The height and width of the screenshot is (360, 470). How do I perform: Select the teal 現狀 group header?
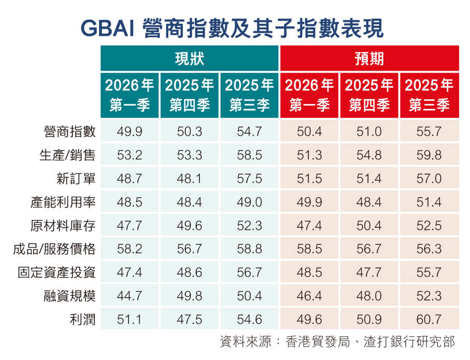click(190, 58)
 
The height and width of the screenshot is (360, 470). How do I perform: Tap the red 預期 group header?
click(369, 58)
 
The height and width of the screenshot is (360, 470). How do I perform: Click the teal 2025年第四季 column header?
click(190, 94)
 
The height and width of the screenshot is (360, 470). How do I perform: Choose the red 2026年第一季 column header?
click(309, 94)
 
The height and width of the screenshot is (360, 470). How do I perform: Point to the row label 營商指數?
click(70, 132)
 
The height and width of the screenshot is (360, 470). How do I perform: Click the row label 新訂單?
click(76, 179)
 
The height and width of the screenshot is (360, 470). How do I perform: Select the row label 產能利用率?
click(64, 202)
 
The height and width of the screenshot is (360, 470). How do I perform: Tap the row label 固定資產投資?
click(57, 272)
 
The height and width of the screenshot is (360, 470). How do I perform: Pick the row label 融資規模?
click(70, 296)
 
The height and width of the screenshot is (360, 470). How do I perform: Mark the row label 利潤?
click(82, 319)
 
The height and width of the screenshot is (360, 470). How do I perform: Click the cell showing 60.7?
click(429, 319)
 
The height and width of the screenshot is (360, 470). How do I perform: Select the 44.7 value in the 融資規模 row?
click(130, 296)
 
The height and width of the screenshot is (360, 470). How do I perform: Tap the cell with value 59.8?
click(429, 156)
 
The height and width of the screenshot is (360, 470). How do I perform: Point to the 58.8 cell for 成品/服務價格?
click(250, 249)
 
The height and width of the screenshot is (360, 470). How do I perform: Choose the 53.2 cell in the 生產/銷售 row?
click(130, 156)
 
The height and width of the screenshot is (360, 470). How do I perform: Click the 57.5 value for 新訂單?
click(250, 179)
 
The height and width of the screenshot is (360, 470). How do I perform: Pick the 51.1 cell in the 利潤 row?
click(130, 319)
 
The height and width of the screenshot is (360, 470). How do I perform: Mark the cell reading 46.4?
click(309, 296)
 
